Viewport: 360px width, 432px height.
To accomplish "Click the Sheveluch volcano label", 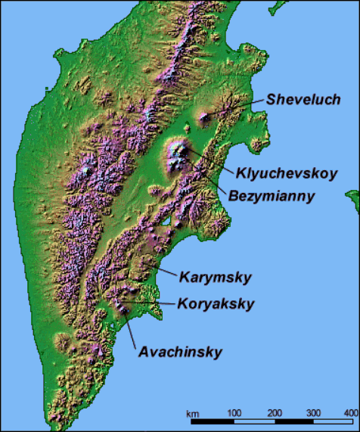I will coord(303,100).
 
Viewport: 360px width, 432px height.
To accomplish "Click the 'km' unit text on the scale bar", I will coord(193,412).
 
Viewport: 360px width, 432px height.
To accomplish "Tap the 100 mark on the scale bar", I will coord(234,412).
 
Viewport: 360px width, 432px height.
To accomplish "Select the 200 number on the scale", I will coord(274,412).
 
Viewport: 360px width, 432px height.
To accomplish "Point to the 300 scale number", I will coord(313,412).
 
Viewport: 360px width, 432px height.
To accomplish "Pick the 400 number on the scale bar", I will coord(349,412).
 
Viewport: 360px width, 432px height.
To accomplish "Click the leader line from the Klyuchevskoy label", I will coord(204,159).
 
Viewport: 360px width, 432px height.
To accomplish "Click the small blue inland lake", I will coord(164,225).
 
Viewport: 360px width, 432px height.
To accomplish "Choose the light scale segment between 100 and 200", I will coord(253,420).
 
